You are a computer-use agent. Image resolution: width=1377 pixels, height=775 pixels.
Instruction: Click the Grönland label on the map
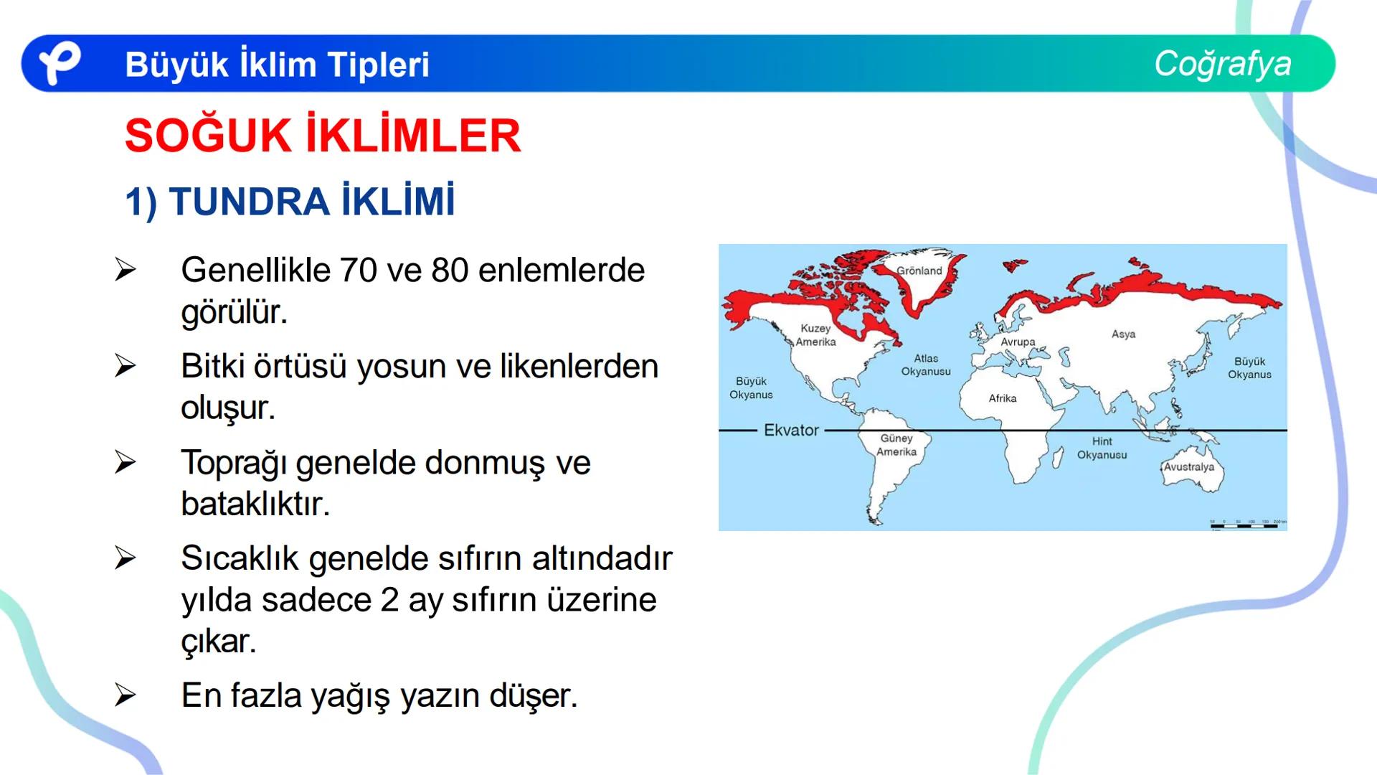click(x=919, y=271)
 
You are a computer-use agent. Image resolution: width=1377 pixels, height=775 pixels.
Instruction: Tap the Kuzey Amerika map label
click(x=815, y=335)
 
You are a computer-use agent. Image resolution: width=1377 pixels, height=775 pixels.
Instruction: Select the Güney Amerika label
click(x=896, y=445)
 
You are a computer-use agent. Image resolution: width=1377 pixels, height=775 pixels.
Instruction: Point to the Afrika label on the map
click(x=1003, y=398)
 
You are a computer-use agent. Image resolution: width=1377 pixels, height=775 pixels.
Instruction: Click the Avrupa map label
click(x=1018, y=342)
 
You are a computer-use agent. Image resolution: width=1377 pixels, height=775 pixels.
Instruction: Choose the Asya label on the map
click(x=1123, y=334)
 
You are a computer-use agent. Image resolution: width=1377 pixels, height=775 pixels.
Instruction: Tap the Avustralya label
click(x=1189, y=466)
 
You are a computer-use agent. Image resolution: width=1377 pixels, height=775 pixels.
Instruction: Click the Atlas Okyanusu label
click(x=926, y=365)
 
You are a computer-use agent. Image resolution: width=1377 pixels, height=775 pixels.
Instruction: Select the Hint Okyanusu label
click(x=1102, y=448)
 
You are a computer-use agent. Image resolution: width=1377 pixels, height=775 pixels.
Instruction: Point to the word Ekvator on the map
click(x=791, y=430)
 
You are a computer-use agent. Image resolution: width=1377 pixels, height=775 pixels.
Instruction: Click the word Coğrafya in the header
click(x=1222, y=63)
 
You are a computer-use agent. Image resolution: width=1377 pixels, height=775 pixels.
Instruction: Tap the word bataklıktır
click(x=255, y=504)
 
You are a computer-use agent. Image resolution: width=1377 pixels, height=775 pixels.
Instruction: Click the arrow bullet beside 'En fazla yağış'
click(x=125, y=695)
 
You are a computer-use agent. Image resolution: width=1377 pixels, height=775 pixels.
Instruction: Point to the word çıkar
click(x=219, y=641)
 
